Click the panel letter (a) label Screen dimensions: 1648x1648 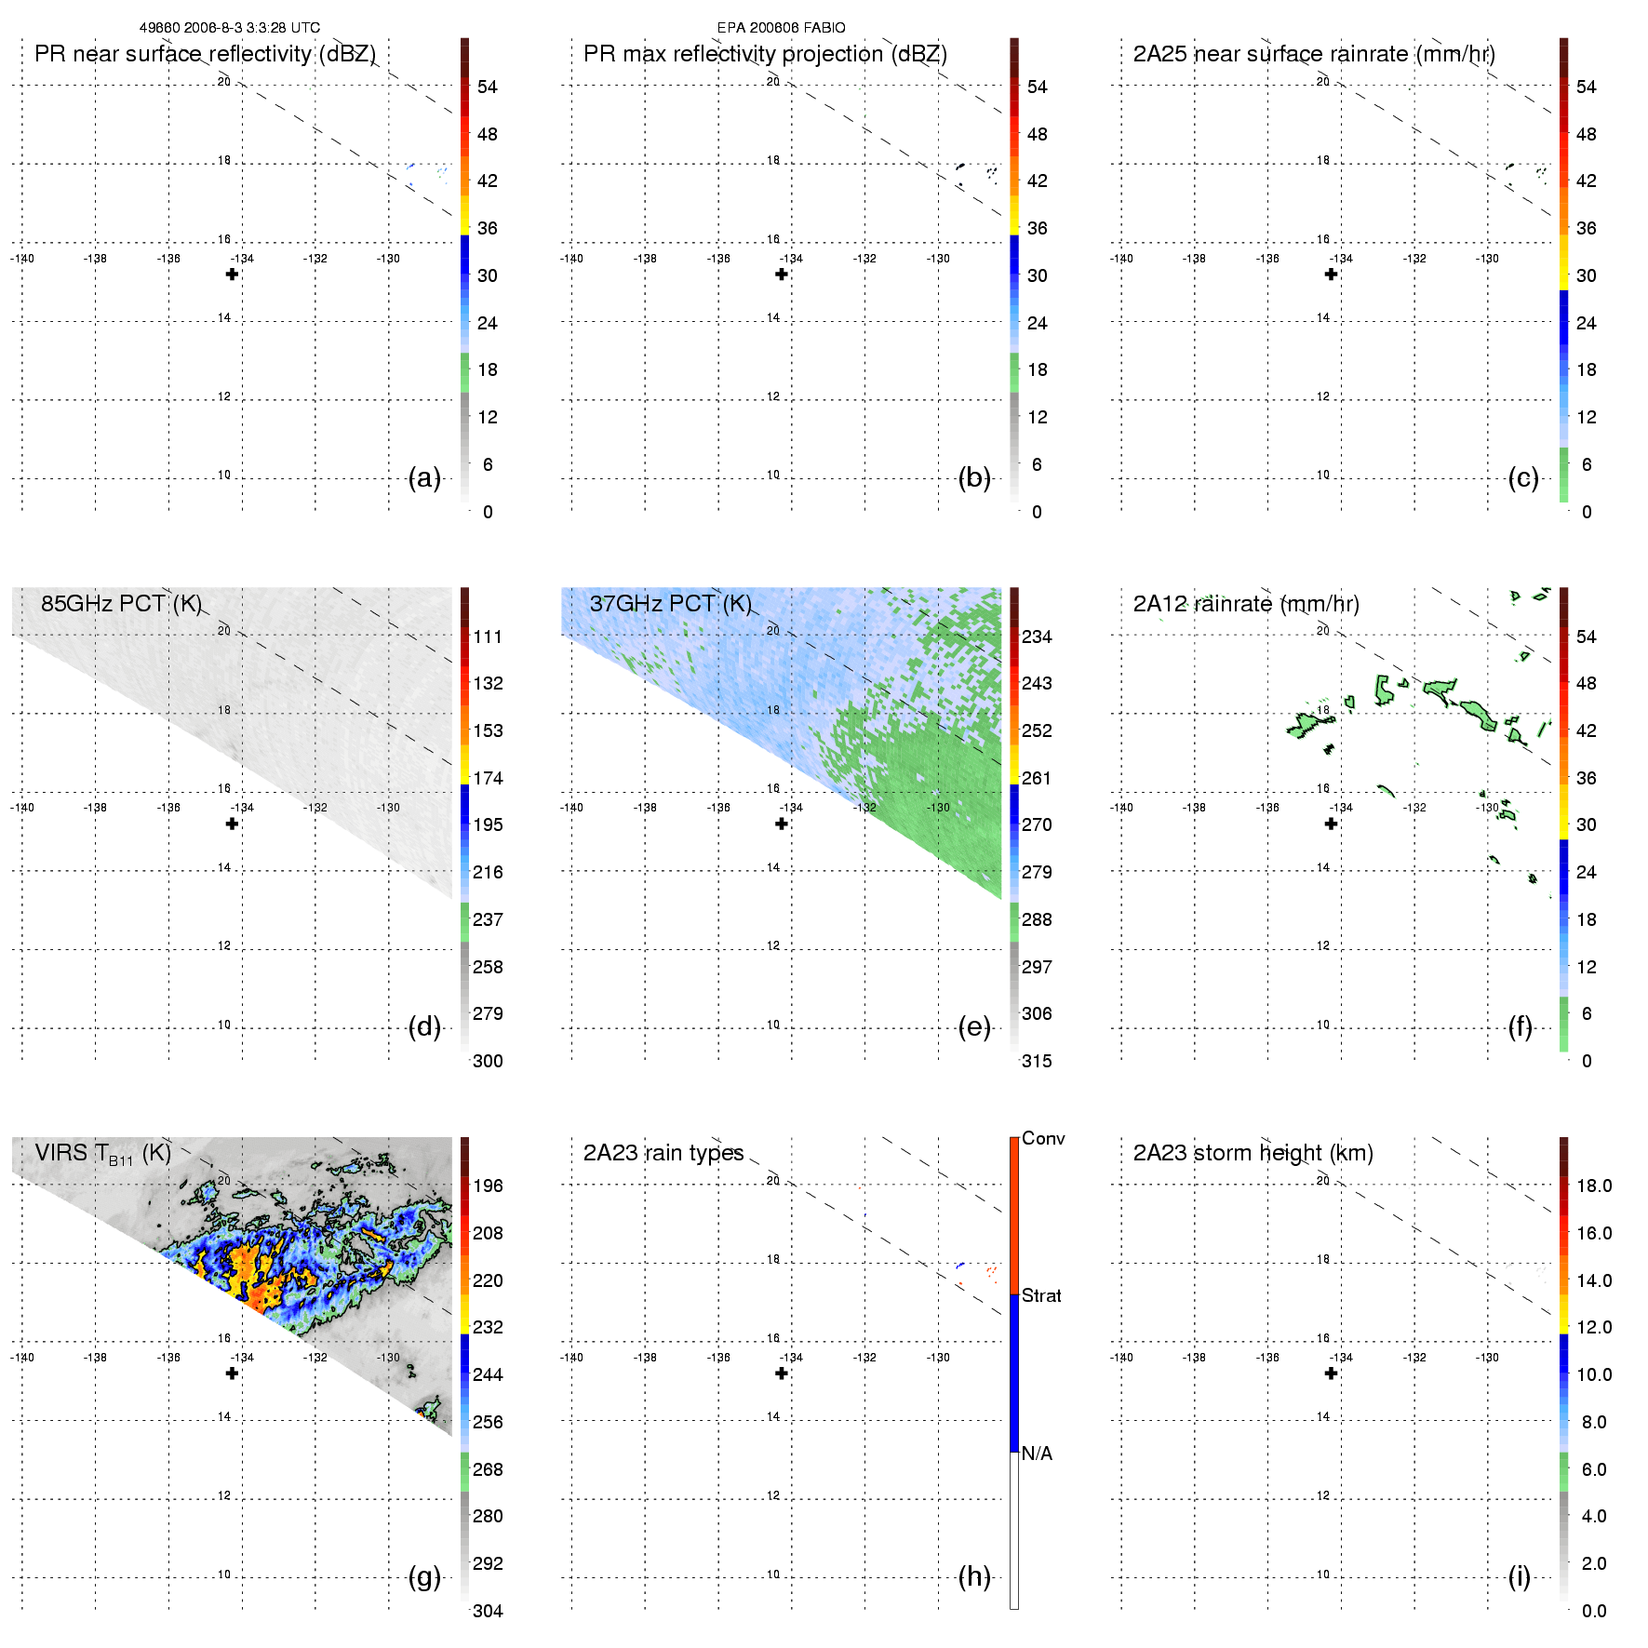[424, 478]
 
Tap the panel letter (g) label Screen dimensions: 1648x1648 [424, 1576]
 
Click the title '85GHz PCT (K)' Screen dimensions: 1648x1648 [121, 603]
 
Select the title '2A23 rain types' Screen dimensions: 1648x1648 [663, 1153]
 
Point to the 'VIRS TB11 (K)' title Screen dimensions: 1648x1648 [102, 1154]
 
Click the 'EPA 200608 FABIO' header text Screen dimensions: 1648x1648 [781, 28]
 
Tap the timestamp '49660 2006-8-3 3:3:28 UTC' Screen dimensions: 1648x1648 [230, 28]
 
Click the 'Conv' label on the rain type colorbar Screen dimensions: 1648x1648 [1043, 1138]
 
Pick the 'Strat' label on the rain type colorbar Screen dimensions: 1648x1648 [1041, 1295]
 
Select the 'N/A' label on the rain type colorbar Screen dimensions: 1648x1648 [1037, 1454]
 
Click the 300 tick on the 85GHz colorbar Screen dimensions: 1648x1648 [488, 1061]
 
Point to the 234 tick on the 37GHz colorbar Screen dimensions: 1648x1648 [1037, 636]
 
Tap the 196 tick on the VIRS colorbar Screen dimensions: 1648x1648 [488, 1186]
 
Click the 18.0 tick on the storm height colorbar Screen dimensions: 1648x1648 [1594, 1186]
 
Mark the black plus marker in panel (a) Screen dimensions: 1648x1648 [232, 275]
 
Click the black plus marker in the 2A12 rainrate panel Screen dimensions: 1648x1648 [1331, 824]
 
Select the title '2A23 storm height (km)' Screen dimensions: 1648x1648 [1253, 1153]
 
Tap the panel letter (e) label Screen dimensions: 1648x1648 [974, 1027]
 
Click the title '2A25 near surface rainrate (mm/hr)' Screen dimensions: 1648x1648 [1314, 54]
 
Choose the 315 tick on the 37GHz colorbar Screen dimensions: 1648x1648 [1037, 1061]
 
